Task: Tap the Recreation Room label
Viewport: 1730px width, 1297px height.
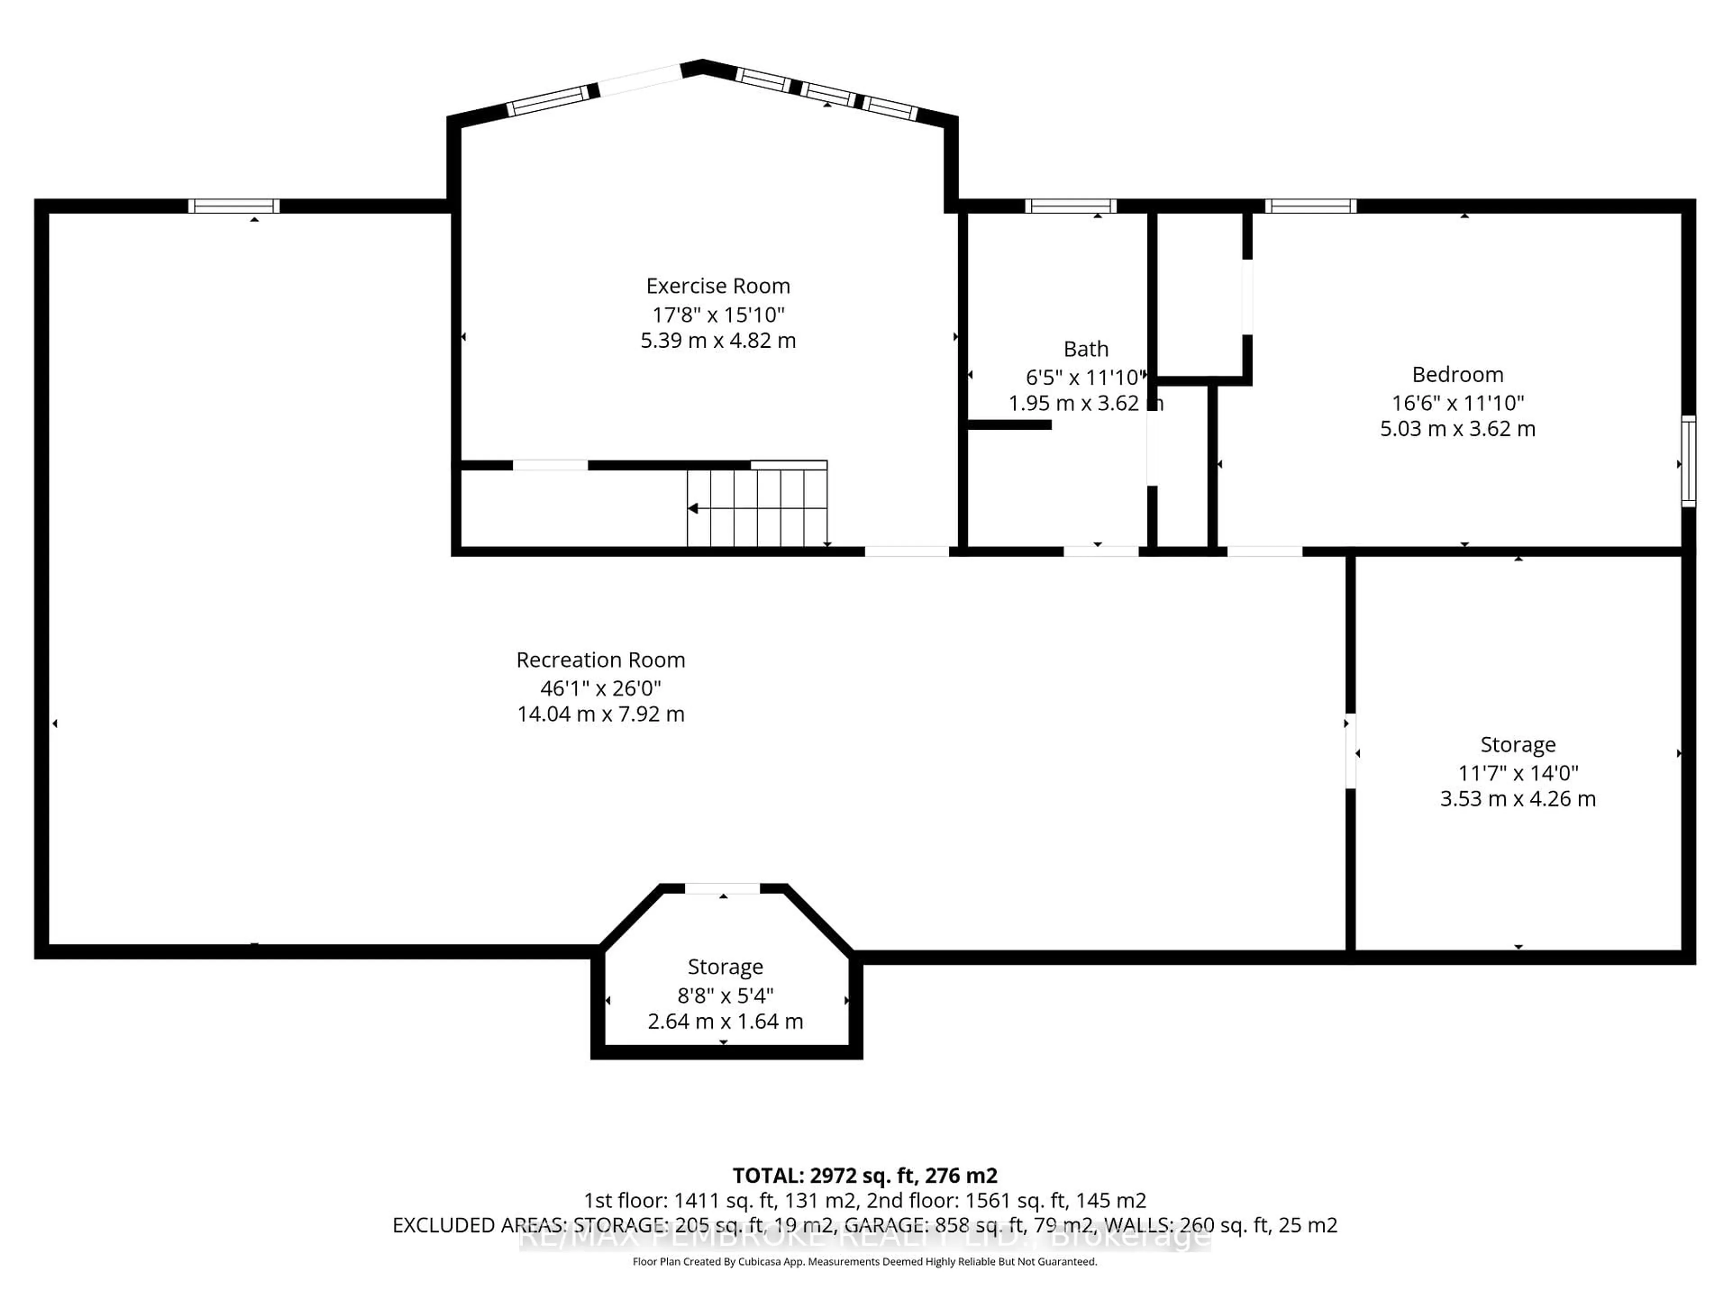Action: [600, 660]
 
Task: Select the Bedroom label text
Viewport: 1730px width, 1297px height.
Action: [1457, 375]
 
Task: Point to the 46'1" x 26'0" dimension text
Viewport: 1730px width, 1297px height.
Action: [600, 688]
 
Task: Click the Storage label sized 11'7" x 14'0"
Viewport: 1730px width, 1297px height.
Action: [1517, 744]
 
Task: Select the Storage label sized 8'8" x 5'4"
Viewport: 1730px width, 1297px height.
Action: [724, 967]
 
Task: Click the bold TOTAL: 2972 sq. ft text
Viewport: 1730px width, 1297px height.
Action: [864, 1175]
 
